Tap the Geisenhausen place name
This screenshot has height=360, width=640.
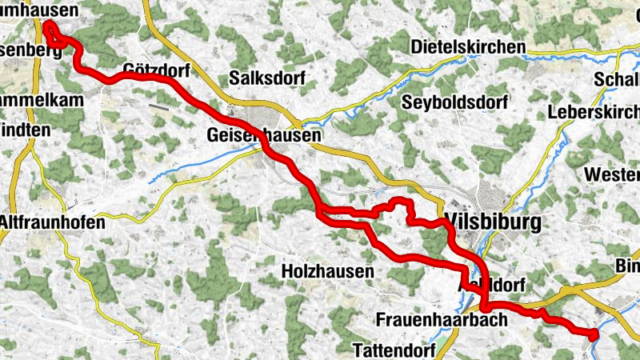pyautogui.click(x=263, y=136)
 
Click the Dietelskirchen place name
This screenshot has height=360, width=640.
pyautogui.click(x=468, y=47)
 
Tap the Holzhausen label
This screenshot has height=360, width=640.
pyautogui.click(x=328, y=272)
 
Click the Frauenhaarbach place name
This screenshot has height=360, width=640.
pyautogui.click(x=442, y=320)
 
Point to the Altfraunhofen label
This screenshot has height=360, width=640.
pyautogui.click(x=52, y=222)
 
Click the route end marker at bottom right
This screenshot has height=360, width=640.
pyautogui.click(x=593, y=335)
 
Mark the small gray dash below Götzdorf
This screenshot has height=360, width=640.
pyautogui.click(x=158, y=104)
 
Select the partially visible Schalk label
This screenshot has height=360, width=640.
pyautogui.click(x=617, y=80)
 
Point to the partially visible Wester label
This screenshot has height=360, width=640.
pyautogui.click(x=612, y=174)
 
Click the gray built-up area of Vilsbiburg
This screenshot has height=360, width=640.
pyautogui.click(x=490, y=195)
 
